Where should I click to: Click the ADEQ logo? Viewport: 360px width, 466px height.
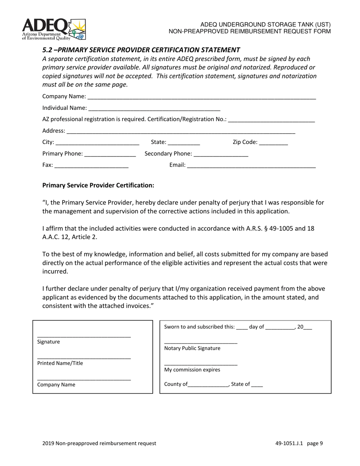[54, 29]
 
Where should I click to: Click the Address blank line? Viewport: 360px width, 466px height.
[181, 131]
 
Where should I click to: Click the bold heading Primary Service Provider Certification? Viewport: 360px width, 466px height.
[98, 185]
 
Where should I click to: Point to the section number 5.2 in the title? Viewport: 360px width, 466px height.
[47, 50]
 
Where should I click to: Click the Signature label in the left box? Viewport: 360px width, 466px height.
[49, 342]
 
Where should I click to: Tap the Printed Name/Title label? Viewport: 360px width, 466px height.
[60, 363]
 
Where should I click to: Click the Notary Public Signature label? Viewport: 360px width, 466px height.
[192, 348]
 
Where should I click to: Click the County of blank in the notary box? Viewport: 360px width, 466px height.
[208, 384]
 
